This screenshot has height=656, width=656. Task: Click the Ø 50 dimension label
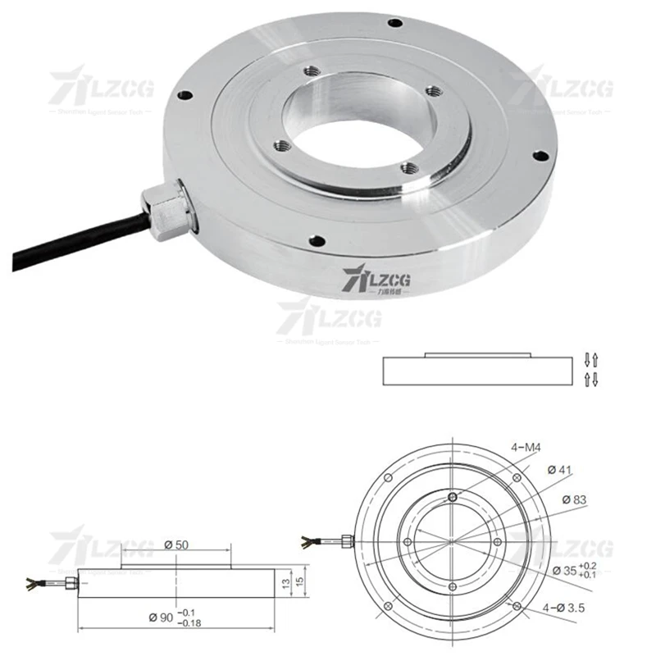(178, 544)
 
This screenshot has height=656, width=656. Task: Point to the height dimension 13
(284, 583)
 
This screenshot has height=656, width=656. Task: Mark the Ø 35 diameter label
(566, 571)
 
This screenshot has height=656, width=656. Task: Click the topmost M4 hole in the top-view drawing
(453, 497)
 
